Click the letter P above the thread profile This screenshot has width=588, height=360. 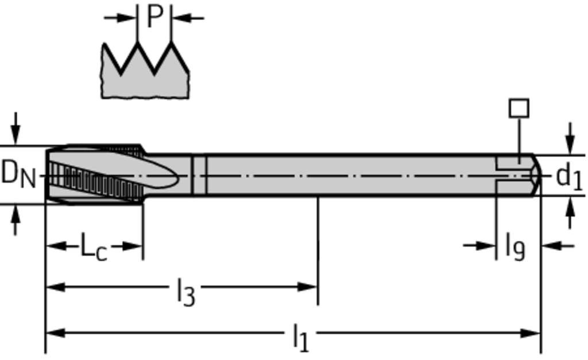(154, 17)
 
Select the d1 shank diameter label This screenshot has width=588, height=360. (568, 177)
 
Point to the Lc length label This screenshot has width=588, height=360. (93, 247)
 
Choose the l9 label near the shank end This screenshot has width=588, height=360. (515, 246)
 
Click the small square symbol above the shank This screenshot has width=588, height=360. (519, 109)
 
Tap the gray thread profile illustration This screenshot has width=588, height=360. (145, 78)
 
